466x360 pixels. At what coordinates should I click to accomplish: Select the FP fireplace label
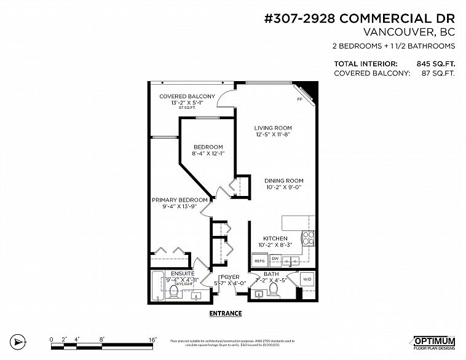tap(299, 99)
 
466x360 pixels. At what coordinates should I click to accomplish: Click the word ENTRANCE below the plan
tap(226, 313)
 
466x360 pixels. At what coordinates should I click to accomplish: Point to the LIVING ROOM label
tap(274, 128)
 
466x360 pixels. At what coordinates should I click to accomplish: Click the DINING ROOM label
tap(284, 181)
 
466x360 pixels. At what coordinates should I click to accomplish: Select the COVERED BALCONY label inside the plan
tap(187, 96)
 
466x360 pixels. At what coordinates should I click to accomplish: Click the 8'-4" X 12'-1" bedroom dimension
tap(208, 154)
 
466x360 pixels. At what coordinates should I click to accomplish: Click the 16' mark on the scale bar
tap(152, 338)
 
